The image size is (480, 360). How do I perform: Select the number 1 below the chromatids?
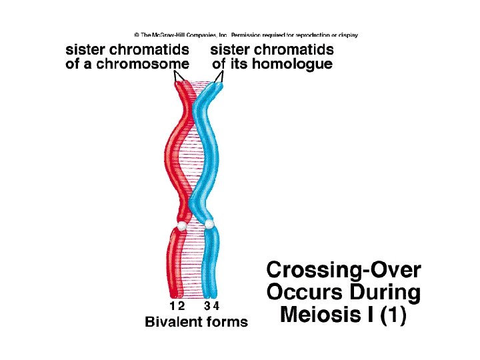[x=173, y=306]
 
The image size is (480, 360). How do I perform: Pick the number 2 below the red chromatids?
[x=181, y=306]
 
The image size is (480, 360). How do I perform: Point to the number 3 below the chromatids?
[x=208, y=306]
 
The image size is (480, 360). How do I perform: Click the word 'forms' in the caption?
[x=225, y=322]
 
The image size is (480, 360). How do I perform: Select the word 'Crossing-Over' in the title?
[x=344, y=271]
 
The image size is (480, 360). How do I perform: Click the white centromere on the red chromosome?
[x=179, y=226]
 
